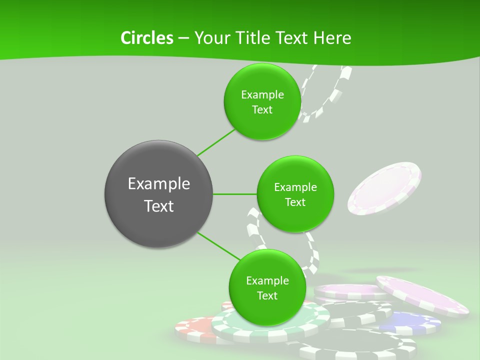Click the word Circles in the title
click(146, 38)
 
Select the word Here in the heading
click(332, 38)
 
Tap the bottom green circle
click(267, 310)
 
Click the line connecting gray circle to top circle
click(216, 142)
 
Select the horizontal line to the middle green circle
click(235, 193)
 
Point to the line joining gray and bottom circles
click(218, 246)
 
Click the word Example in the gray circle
click(158, 184)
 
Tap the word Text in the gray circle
click(158, 206)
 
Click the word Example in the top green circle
click(262, 94)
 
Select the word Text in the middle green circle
click(295, 202)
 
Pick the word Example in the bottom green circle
click(267, 281)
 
